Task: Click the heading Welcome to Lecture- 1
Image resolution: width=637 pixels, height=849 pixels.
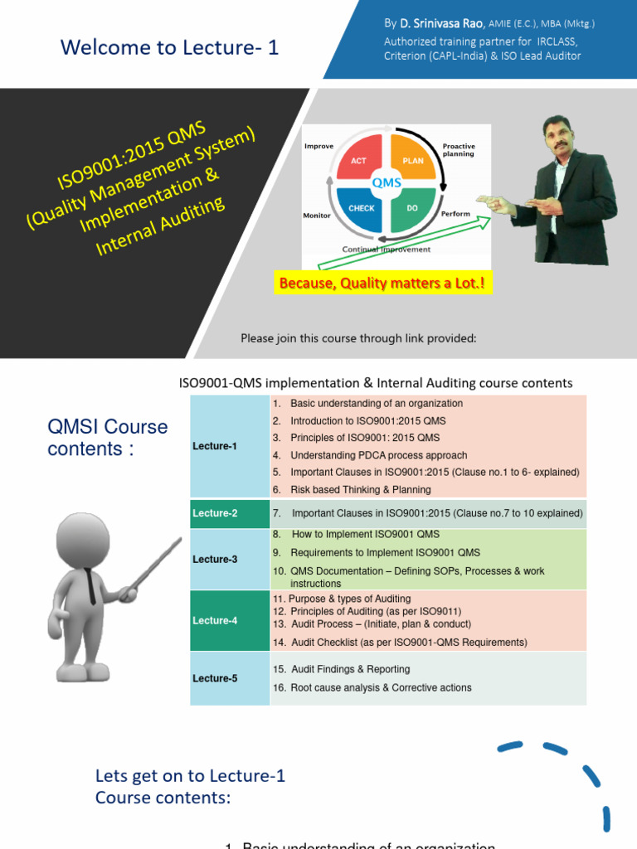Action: pos(170,48)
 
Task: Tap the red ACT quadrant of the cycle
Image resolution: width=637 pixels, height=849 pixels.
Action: pos(358,160)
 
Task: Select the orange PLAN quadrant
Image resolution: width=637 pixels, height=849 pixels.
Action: pos(412,160)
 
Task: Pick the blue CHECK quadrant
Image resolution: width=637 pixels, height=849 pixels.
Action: pos(362,208)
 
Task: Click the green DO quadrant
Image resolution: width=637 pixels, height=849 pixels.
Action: pos(412,208)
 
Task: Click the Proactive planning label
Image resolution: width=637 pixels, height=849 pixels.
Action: pos(459,149)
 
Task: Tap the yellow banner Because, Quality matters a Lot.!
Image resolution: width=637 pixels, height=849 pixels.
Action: pos(382,284)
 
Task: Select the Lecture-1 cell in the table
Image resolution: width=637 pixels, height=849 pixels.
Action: pos(215,446)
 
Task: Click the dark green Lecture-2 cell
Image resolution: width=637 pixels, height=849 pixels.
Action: pos(215,513)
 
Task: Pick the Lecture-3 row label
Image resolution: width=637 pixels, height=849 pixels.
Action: pos(215,559)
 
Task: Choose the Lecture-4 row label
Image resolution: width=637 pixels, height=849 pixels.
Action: pos(215,620)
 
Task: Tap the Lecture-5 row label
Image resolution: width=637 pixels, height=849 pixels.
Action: pos(215,678)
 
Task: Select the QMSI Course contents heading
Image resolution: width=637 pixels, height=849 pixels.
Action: pos(108,438)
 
